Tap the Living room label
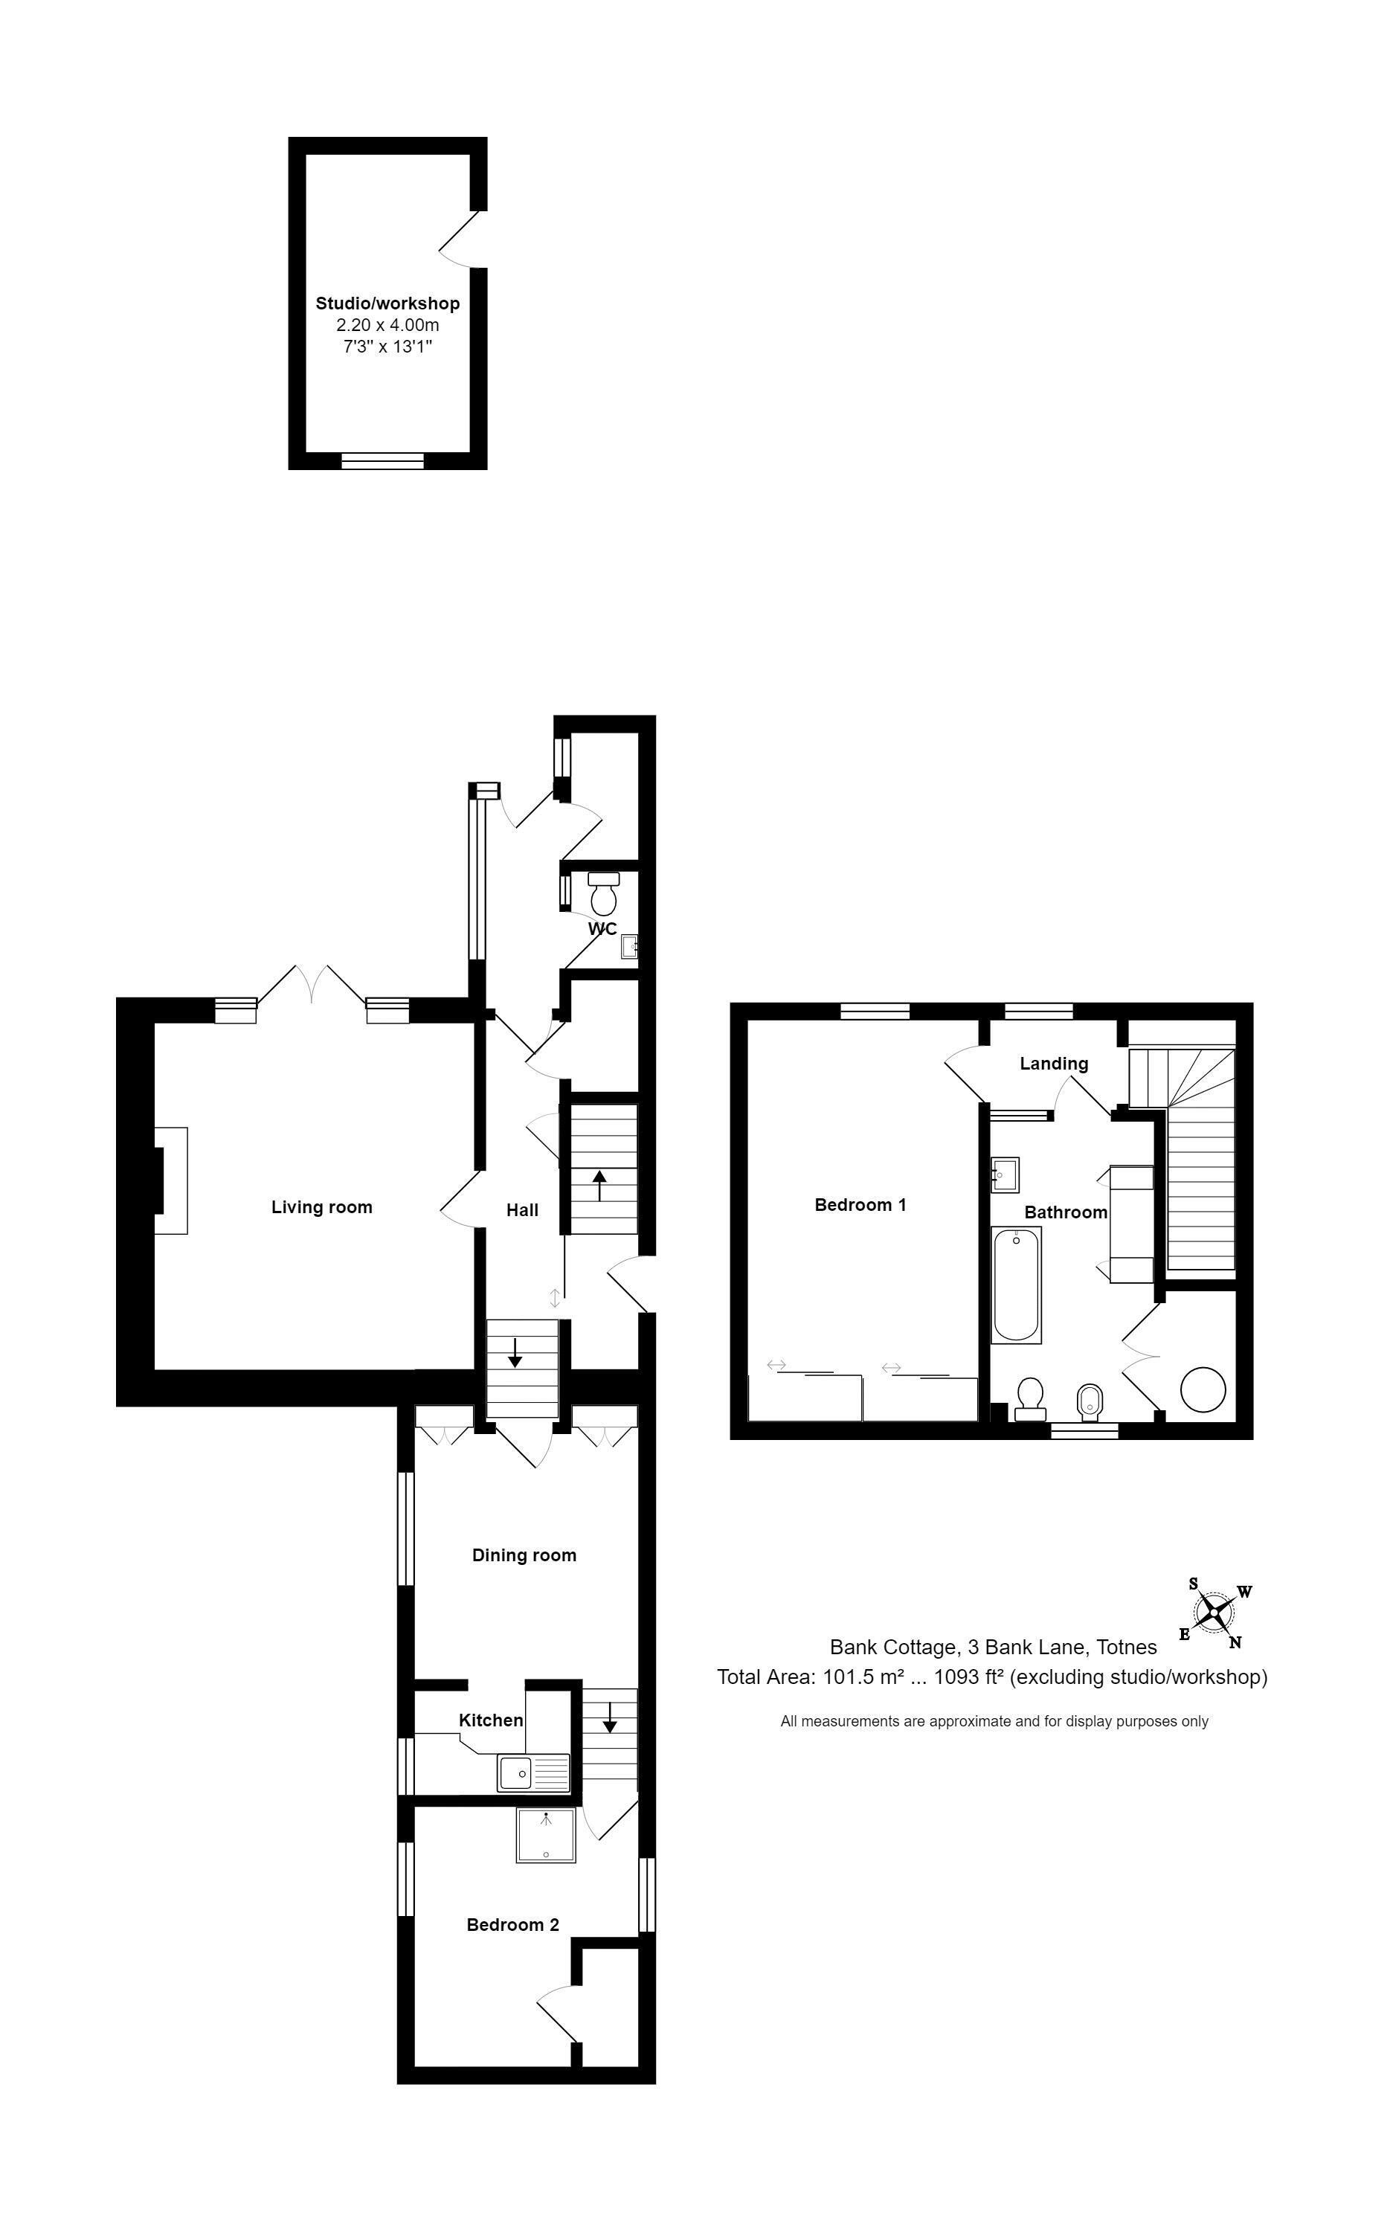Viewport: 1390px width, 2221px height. (322, 1207)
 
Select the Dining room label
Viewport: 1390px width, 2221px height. (524, 1555)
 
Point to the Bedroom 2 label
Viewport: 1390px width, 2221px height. (513, 1925)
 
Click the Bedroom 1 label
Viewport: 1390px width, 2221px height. (860, 1204)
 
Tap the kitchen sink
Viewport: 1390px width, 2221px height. (533, 1772)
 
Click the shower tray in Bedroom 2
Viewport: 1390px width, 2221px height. (546, 1836)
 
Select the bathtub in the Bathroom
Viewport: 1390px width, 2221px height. (1016, 1285)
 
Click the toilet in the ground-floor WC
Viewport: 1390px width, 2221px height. (604, 891)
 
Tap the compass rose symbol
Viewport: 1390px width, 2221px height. (1214, 1612)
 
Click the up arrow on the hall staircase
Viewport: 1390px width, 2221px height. (599, 1185)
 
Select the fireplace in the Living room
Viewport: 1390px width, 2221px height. (171, 1180)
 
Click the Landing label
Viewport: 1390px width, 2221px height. (1054, 1064)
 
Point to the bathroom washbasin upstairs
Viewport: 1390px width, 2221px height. (1005, 1175)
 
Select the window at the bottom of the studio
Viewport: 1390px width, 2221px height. (382, 460)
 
